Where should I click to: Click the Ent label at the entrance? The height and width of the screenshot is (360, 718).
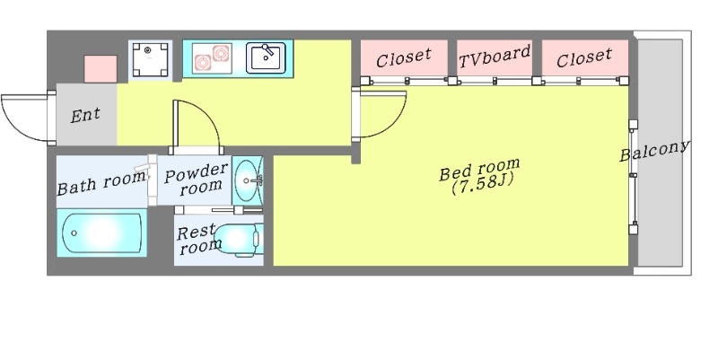coord(86,116)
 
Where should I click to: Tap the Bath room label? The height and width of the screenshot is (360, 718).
coord(101,183)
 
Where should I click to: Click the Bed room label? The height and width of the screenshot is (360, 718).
coord(478,171)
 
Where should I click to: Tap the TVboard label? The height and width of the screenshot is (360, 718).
coord(495,57)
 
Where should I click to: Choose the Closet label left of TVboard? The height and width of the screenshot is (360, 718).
coord(404,59)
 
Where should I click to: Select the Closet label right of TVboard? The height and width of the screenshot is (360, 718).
coord(583,59)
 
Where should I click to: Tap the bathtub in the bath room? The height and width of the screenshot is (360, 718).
coord(102,234)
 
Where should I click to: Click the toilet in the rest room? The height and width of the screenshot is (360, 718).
coord(241,240)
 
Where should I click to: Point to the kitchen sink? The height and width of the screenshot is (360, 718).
coord(266,57)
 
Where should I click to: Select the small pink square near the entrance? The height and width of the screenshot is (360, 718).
coord(101,68)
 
